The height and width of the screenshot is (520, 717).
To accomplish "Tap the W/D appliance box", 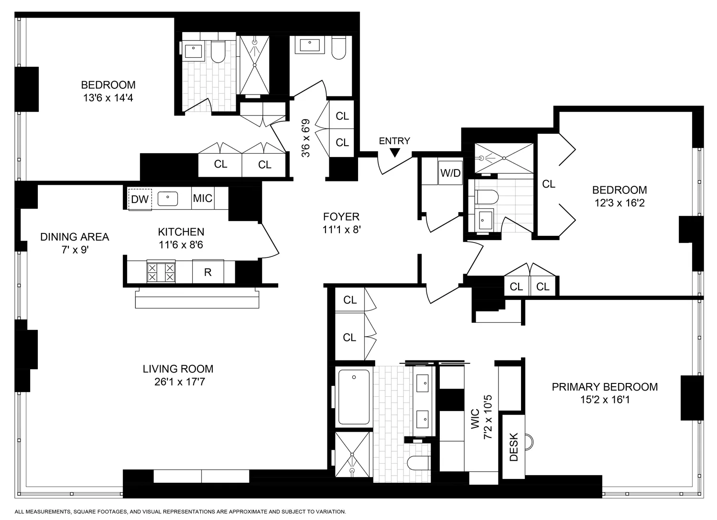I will click(450, 173).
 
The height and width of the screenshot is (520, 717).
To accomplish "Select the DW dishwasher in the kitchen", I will click(140, 199).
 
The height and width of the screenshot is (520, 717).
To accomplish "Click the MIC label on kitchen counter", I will click(202, 198).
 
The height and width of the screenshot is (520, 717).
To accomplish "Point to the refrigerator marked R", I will click(207, 272).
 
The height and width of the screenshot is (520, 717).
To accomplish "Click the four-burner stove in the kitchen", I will click(161, 272).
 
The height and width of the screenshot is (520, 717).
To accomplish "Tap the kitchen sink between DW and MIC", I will click(168, 198).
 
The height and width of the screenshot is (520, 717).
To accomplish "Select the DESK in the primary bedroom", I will click(513, 447).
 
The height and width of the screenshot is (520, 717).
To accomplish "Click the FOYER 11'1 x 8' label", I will click(341, 223).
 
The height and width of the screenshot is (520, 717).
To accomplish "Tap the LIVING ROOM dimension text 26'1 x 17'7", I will click(178, 382).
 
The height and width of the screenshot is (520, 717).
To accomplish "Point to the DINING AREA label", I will click(75, 237).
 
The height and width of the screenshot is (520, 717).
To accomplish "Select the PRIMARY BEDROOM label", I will click(605, 387).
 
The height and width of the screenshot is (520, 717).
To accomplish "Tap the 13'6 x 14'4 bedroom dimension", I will click(108, 98).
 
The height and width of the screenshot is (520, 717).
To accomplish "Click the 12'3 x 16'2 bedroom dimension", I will click(619, 203).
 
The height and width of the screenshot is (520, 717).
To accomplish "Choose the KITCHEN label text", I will click(181, 232).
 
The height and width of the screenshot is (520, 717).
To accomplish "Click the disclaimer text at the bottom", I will click(180, 511).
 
